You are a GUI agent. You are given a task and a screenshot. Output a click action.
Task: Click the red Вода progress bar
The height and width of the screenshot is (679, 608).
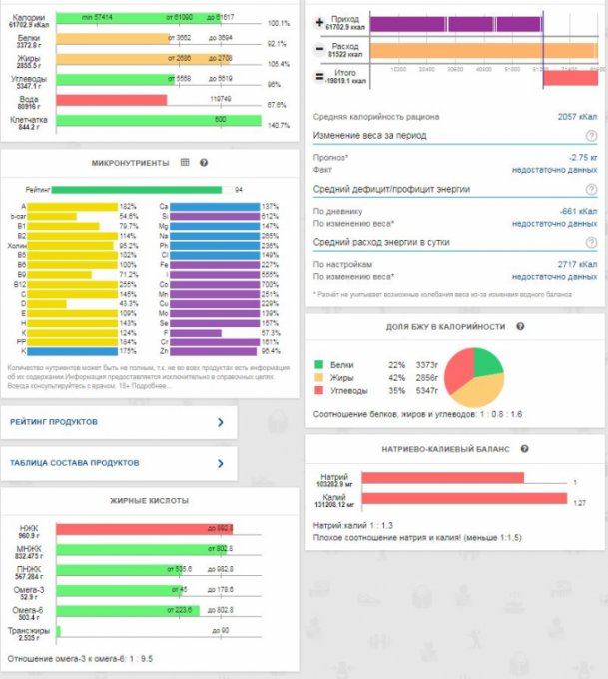[111, 100]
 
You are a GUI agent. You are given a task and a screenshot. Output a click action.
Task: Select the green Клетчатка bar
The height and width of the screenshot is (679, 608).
[160, 121]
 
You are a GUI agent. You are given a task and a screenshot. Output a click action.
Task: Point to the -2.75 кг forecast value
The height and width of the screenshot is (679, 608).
[580, 157]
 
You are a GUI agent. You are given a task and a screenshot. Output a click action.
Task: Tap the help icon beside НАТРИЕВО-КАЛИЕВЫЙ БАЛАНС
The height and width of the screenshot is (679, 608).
[524, 449]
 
